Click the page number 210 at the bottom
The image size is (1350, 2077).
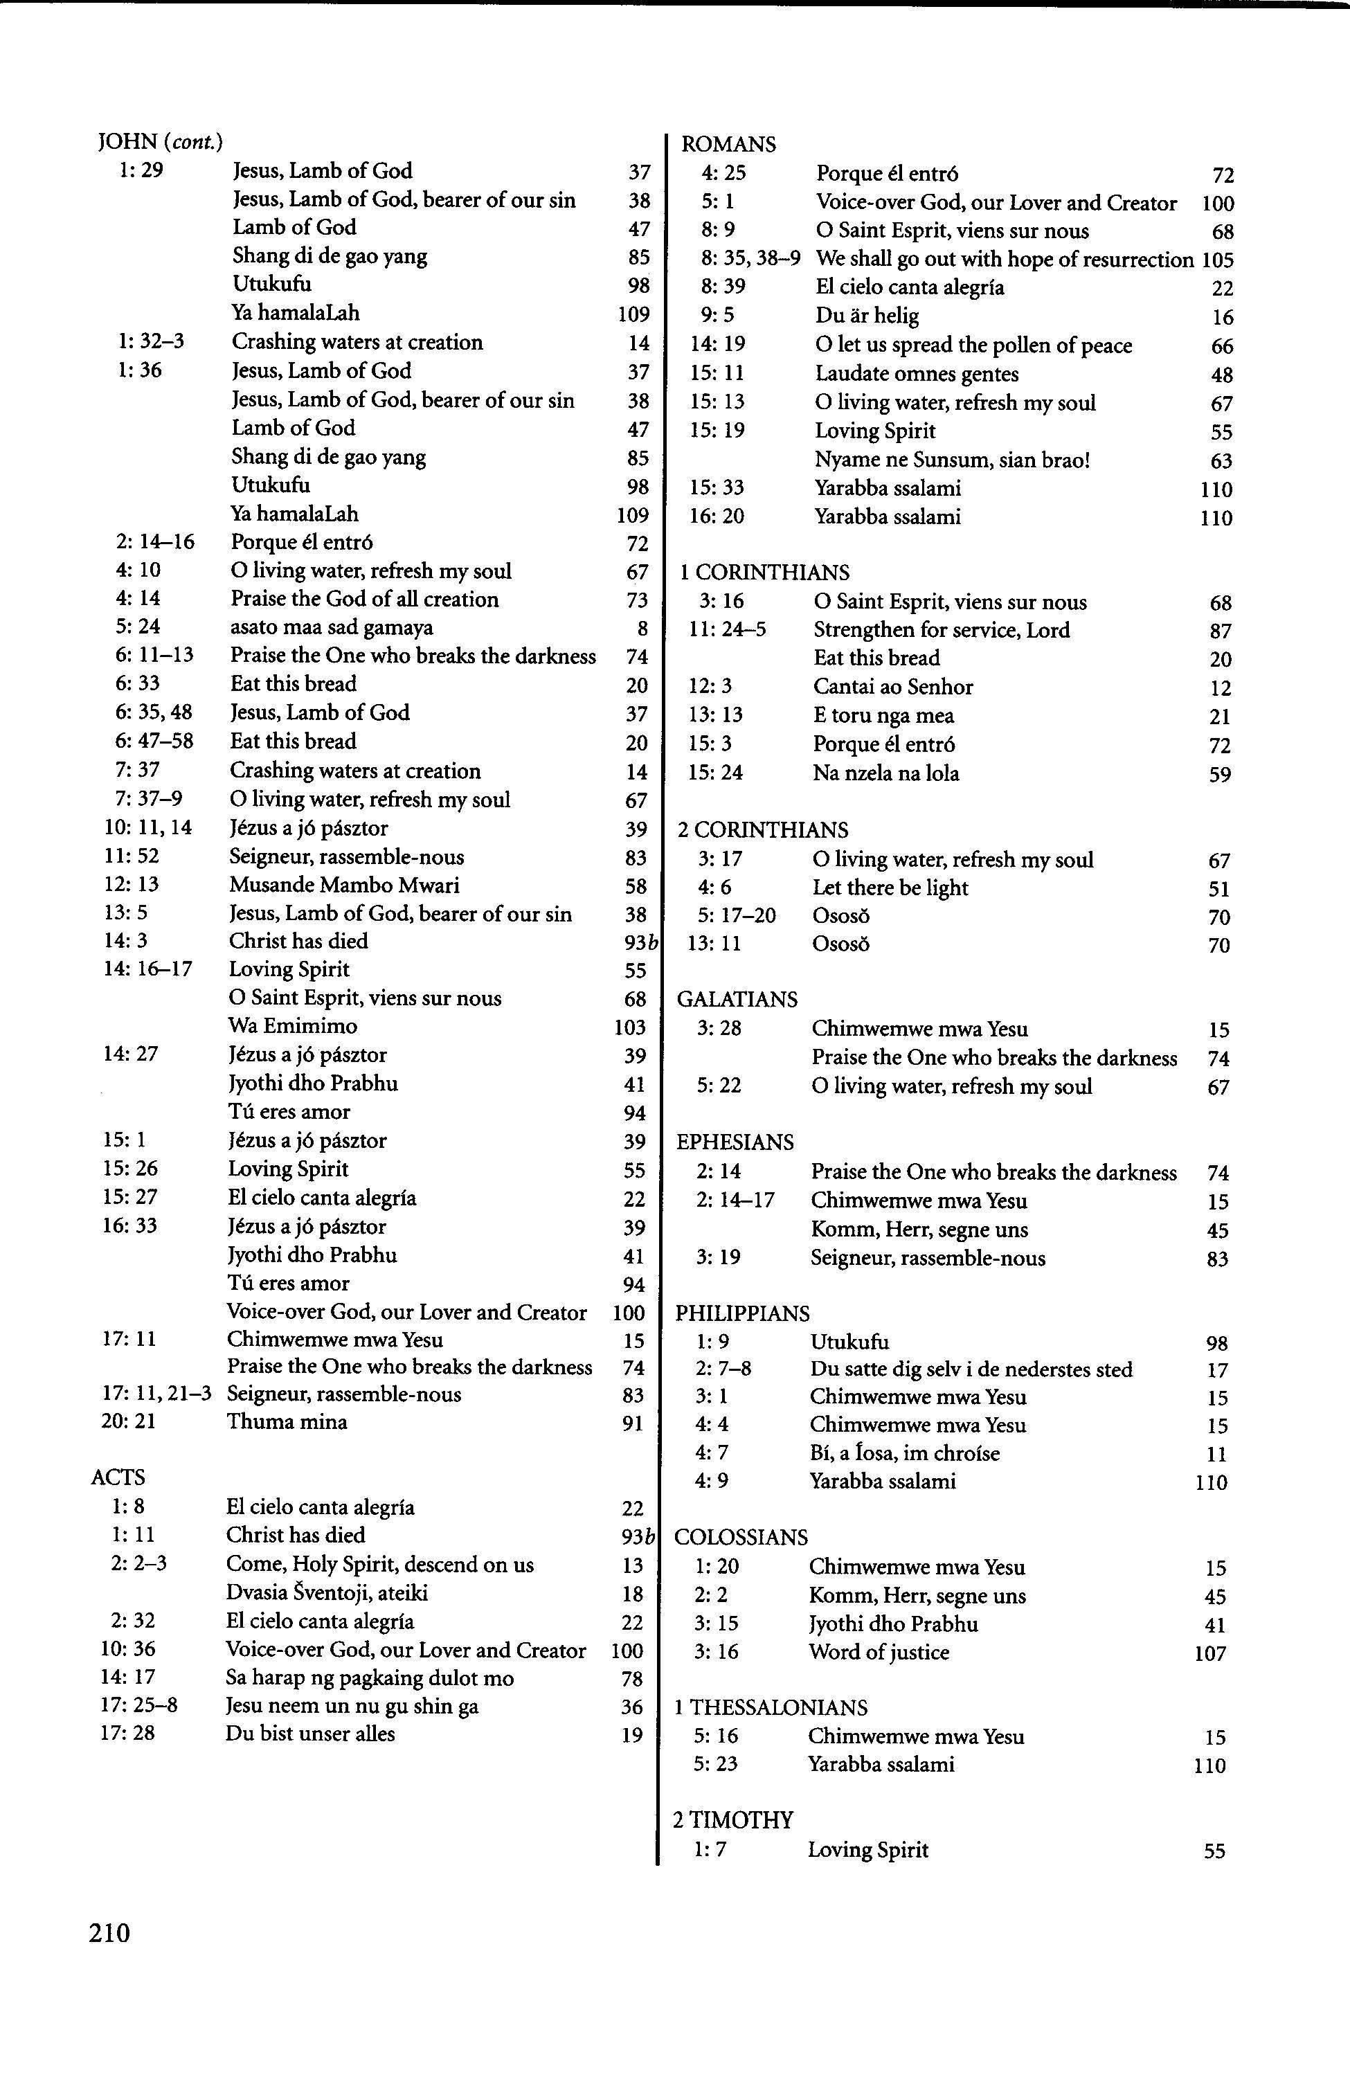[109, 1933]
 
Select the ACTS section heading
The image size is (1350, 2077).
[118, 1477]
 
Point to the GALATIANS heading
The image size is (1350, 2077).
[737, 999]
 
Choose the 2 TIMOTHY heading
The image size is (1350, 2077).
[733, 1820]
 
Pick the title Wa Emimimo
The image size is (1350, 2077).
[292, 1026]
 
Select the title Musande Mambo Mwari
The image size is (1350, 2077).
[344, 885]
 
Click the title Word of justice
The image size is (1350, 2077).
[879, 1652]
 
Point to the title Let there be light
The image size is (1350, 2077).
[890, 888]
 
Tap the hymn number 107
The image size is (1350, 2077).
[1209, 1654]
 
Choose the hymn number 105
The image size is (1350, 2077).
[1217, 260]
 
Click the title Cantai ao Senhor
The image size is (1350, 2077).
[892, 687]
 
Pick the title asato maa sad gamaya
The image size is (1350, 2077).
[332, 627]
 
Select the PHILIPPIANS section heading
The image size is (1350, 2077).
[741, 1313]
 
